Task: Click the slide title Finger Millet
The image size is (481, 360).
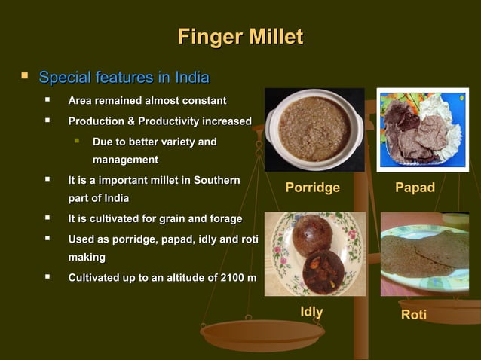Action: (240, 37)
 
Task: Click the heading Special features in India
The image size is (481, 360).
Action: (124, 78)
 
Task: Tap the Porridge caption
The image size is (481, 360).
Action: (312, 188)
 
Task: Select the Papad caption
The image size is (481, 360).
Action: (415, 188)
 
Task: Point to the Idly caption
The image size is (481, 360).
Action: (311, 312)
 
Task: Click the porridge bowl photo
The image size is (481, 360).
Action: (314, 130)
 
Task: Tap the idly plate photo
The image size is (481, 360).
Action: (314, 253)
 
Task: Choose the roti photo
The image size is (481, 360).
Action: (424, 254)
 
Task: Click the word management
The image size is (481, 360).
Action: (125, 160)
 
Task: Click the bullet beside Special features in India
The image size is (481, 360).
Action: (25, 77)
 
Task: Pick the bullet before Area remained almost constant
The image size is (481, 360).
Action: (49, 101)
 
